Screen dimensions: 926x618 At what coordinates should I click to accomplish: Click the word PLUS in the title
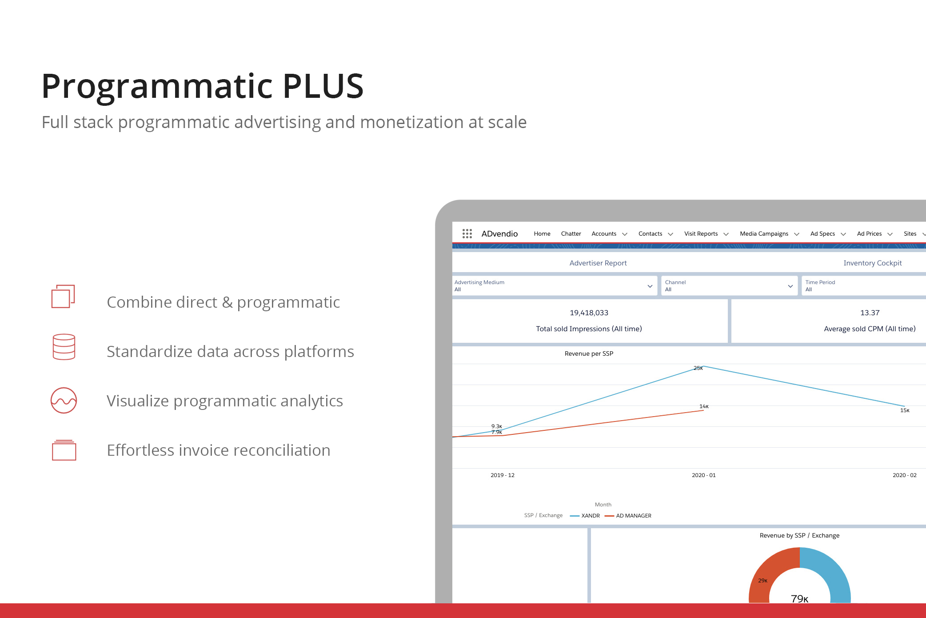click(x=323, y=85)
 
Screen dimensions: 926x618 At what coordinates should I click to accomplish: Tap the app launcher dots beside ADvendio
click(x=467, y=233)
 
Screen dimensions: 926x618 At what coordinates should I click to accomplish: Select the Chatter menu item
click(x=571, y=233)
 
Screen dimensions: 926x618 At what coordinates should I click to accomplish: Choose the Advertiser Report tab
click(x=598, y=263)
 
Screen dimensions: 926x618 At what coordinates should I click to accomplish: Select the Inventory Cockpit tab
click(x=873, y=263)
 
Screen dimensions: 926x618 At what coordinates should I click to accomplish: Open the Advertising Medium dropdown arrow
click(x=650, y=286)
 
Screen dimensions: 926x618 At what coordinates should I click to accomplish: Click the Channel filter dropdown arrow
click(x=790, y=286)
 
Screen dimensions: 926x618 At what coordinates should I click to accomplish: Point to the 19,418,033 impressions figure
click(x=589, y=313)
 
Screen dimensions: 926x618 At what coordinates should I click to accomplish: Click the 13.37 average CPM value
click(x=870, y=313)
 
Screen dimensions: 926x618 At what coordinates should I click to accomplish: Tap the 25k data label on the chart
click(x=698, y=368)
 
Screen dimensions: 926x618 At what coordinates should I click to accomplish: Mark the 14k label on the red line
click(x=704, y=406)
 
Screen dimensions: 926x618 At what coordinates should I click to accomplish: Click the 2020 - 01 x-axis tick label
click(x=704, y=475)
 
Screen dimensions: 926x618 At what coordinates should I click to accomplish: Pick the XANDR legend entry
click(x=585, y=516)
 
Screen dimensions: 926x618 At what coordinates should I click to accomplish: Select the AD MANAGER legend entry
click(x=628, y=516)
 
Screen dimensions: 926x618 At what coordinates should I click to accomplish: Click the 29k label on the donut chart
click(x=762, y=581)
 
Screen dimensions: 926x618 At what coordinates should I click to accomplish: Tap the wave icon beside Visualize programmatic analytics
click(x=64, y=400)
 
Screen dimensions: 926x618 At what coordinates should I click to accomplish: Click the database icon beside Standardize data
click(x=64, y=347)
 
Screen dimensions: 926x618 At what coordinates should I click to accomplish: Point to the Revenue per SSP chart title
click(x=589, y=353)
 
